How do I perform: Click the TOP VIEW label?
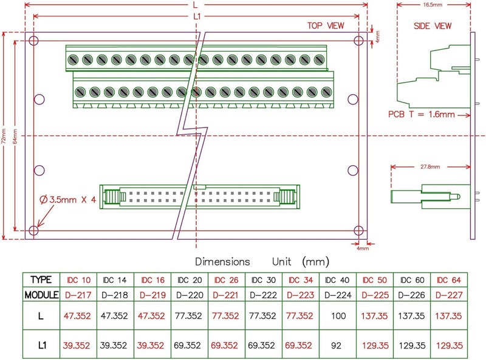tap(326, 25)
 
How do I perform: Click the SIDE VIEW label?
tap(433, 25)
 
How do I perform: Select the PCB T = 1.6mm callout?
tap(421, 114)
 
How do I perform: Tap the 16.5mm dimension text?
tap(433, 4)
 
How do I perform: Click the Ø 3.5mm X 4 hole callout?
tap(67, 199)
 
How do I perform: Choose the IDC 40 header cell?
tap(337, 280)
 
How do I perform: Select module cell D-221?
tap(226, 295)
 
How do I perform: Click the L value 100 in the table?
tap(337, 316)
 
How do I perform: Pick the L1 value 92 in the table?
tap(337, 345)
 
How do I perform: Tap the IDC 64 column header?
tap(448, 280)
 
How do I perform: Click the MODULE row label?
tap(41, 295)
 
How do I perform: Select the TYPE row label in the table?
tap(41, 280)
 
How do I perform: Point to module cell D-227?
tap(448, 295)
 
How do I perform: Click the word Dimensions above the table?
tap(222, 262)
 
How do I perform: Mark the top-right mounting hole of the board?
tap(359, 41)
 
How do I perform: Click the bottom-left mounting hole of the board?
tap(34, 230)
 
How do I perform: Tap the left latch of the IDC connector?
tap(111, 197)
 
